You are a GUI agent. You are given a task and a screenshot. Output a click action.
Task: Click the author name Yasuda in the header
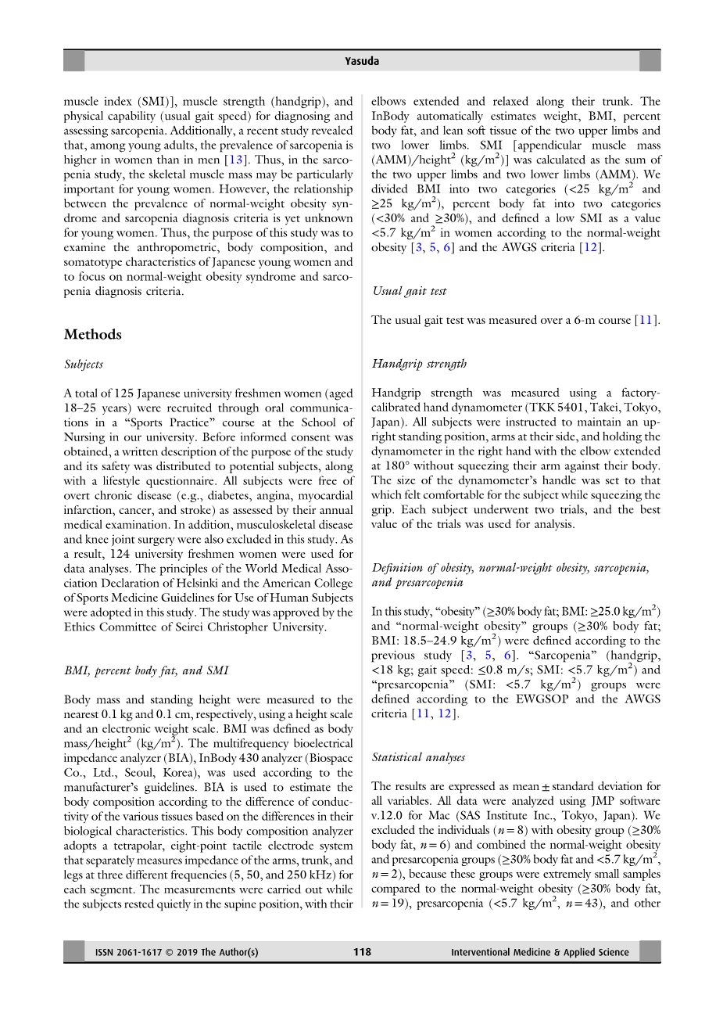[362, 61]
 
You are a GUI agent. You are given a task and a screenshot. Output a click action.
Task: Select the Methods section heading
[93, 335]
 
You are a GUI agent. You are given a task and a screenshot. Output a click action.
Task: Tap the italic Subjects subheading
[84, 365]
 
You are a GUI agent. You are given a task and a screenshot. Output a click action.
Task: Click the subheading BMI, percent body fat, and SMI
[146, 670]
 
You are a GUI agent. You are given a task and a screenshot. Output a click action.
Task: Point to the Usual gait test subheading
[409, 291]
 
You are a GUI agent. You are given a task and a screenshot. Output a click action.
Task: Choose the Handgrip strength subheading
[419, 364]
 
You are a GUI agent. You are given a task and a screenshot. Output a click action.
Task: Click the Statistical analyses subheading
[418, 757]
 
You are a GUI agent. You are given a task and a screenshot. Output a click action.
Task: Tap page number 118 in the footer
[362, 952]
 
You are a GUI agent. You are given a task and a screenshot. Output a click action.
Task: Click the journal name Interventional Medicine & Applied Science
[539, 952]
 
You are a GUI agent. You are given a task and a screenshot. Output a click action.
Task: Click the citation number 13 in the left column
[235, 160]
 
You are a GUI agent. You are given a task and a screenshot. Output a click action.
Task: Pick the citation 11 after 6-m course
[644, 320]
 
